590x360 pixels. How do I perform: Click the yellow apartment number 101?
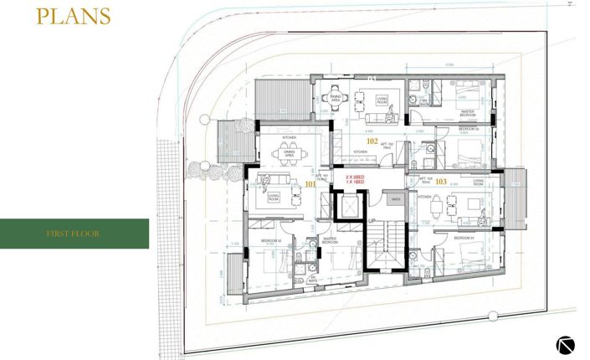click(x=310, y=183)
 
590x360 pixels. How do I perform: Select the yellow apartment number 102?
click(x=372, y=141)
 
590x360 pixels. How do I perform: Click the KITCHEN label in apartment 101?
click(x=289, y=136)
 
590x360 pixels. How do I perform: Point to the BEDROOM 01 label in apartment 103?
click(x=464, y=239)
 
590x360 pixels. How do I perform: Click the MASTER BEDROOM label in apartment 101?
click(x=330, y=240)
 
